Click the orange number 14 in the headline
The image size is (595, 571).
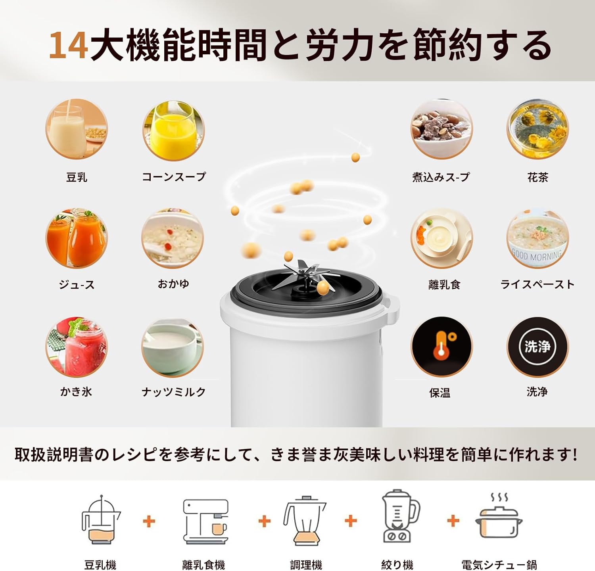[68, 45]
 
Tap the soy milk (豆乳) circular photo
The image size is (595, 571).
[77, 129]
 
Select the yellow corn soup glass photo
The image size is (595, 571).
[173, 129]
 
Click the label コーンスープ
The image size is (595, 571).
[174, 176]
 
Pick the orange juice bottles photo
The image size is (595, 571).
[77, 238]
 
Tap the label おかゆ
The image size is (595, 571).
[173, 284]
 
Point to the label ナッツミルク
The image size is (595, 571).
[174, 392]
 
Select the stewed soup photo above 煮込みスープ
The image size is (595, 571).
[441, 129]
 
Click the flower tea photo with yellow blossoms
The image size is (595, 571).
[537, 129]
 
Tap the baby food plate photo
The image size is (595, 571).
[441, 238]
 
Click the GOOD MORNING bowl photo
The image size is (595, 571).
[537, 238]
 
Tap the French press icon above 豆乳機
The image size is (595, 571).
[101, 520]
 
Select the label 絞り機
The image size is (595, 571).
[397, 564]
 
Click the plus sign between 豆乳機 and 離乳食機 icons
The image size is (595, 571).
[149, 521]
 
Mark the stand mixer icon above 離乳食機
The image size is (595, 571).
[205, 521]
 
